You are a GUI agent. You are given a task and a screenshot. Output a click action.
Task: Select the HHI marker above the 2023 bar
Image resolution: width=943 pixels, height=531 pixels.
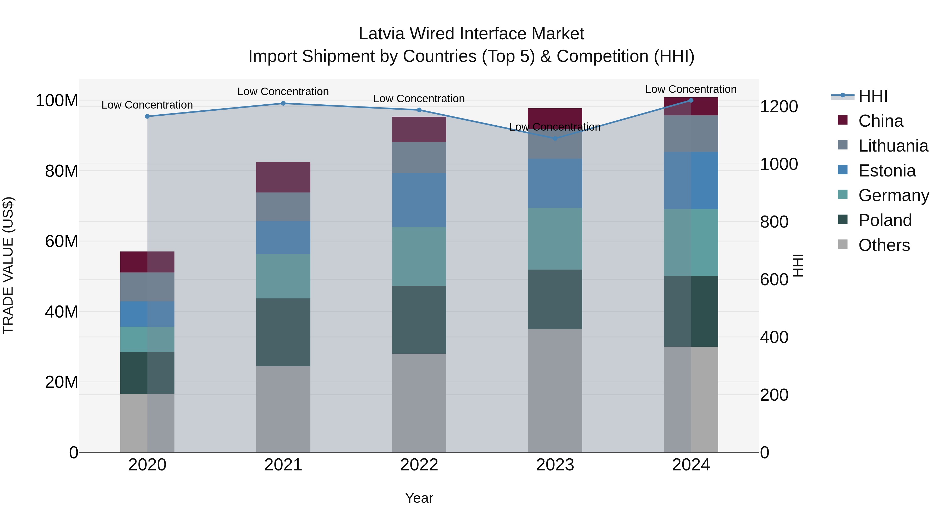pyautogui.click(x=555, y=138)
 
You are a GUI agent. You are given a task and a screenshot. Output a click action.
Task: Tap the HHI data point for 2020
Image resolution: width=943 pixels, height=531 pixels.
pyautogui.click(x=147, y=116)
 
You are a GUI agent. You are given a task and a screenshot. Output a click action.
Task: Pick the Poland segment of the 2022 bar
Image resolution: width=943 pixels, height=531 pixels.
pyautogui.click(x=419, y=320)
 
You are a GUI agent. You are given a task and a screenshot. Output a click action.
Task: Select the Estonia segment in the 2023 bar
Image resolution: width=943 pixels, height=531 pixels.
pyautogui.click(x=555, y=183)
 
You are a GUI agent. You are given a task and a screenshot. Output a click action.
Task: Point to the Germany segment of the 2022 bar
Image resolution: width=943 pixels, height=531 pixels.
pyautogui.click(x=419, y=256)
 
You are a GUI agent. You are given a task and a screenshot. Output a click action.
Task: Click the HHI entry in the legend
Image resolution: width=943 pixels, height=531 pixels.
pyautogui.click(x=873, y=96)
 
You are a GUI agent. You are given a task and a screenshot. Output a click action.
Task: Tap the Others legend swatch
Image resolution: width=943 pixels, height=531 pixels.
pyautogui.click(x=842, y=244)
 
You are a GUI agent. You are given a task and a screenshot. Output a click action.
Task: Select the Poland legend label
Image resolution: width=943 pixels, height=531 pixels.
pyautogui.click(x=885, y=220)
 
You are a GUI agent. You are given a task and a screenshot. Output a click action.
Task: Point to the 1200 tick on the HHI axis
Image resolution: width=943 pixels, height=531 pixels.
pyautogui.click(x=779, y=107)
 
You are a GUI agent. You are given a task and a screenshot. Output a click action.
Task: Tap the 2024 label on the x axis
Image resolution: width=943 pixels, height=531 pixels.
pyautogui.click(x=691, y=465)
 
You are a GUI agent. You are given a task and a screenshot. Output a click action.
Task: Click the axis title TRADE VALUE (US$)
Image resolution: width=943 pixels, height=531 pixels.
pyautogui.click(x=8, y=265)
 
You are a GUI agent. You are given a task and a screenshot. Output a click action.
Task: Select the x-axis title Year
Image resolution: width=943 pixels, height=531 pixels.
pyautogui.click(x=419, y=498)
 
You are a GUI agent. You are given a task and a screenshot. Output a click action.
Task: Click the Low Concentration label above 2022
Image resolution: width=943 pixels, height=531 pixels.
pyautogui.click(x=419, y=99)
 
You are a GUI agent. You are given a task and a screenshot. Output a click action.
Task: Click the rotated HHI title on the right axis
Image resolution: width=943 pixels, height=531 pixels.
pyautogui.click(x=798, y=265)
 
